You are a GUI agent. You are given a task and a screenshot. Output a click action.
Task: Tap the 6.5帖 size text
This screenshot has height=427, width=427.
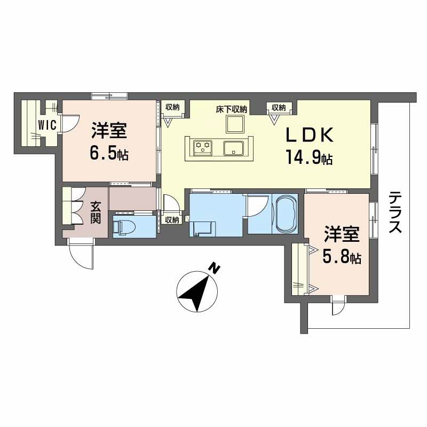(x=109, y=155)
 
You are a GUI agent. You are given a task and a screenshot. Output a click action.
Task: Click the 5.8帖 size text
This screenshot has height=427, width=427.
(x=342, y=257)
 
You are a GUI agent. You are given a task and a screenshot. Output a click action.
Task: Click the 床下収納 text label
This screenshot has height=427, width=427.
(x=232, y=108)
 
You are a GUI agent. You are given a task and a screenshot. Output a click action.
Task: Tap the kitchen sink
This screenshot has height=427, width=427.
(x=233, y=147)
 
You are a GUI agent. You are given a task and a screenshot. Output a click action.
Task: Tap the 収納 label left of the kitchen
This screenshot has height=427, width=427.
(x=172, y=107)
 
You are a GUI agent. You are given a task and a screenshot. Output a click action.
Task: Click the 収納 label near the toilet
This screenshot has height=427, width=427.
(x=171, y=219)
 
